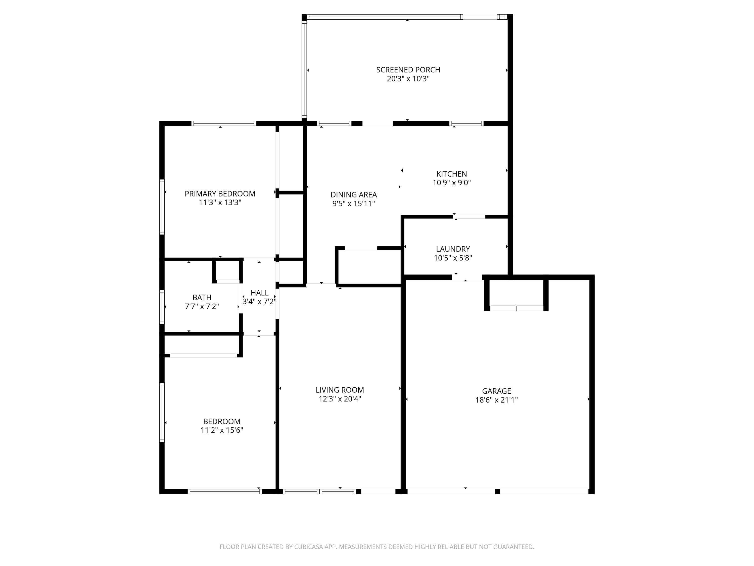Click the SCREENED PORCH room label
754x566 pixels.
pos(408,70)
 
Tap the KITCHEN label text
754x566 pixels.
pos(452,174)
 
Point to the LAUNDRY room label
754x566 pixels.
pos(453,249)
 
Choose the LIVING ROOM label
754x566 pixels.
pos(340,390)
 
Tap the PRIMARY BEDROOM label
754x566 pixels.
pos(220,194)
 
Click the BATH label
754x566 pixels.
pos(202,298)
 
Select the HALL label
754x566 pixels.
pos(259,293)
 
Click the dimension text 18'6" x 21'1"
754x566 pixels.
pos(496,400)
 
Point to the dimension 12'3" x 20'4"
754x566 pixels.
pos(340,399)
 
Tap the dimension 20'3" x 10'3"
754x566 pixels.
pos(408,79)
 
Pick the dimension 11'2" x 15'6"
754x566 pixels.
pos(222,430)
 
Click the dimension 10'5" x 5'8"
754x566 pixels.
pos(453,258)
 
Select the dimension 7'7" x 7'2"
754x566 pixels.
pos(202,306)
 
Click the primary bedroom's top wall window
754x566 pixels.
pos(224,124)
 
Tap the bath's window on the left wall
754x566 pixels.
pos(162,306)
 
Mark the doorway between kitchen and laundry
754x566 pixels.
pos(469,217)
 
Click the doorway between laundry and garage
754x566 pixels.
pos(467,277)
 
